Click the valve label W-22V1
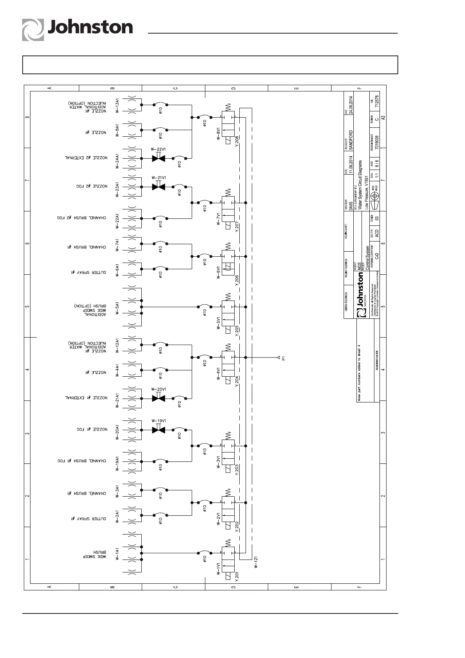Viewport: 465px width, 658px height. pos(159,150)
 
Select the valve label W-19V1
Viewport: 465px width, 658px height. pos(159,421)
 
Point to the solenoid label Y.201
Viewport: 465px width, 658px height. pos(237,577)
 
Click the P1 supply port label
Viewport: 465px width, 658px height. pos(284,357)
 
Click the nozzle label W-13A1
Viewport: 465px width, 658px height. pos(117,105)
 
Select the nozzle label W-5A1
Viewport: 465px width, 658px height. pos(117,307)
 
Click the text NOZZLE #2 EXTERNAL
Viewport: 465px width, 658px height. pos(86,158)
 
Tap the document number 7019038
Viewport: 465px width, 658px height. pos(377,142)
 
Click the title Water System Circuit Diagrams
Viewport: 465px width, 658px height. pos(360,186)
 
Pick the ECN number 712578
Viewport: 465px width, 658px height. pos(377,100)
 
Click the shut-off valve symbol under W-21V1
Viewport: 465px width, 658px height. pos(159,187)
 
